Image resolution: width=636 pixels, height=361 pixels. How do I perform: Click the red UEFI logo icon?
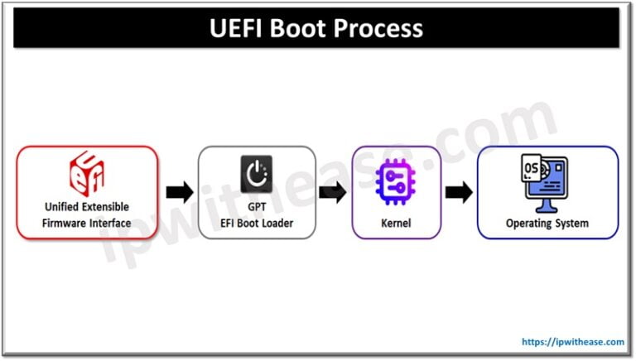88,172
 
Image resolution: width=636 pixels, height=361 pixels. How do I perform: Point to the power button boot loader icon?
256,173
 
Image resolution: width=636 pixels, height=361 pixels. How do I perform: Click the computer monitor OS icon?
547,180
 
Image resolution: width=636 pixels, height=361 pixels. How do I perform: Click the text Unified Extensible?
88,207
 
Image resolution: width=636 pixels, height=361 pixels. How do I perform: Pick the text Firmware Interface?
88,223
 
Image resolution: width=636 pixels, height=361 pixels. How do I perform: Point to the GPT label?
256,207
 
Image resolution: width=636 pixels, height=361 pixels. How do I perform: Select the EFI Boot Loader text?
256,223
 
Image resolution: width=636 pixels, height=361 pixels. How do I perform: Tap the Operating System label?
547,223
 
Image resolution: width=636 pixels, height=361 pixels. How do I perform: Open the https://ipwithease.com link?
572,341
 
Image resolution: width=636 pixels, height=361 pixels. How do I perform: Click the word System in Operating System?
571,223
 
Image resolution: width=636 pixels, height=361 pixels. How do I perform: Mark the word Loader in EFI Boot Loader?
279,223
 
